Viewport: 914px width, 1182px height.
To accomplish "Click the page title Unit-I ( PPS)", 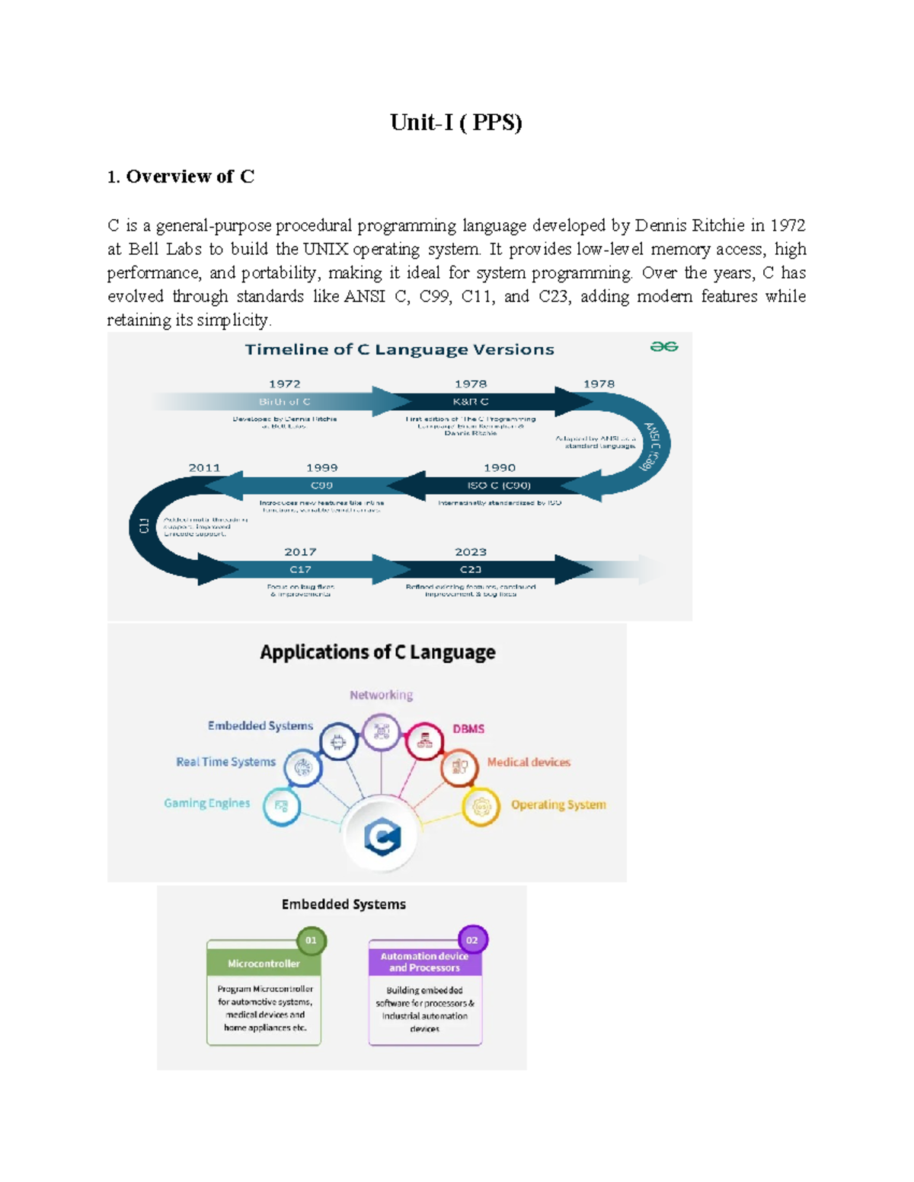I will tap(455, 123).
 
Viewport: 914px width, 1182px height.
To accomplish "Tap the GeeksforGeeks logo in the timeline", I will tap(663, 347).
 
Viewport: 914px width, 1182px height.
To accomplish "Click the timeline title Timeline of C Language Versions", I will tap(399, 349).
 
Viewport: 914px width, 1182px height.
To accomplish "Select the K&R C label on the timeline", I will tap(471, 401).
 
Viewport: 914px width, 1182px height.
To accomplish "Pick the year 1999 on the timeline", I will tap(321, 468).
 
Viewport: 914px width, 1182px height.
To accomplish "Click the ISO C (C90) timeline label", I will tap(499, 486).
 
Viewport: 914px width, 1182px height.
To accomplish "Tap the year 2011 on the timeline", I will tap(204, 468).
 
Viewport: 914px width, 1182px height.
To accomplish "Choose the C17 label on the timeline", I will tap(300, 569).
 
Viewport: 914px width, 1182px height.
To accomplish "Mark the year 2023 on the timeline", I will tap(471, 552).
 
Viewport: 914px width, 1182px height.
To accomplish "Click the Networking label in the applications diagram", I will tap(381, 695).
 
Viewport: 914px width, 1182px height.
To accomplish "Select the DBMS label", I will tap(468, 729).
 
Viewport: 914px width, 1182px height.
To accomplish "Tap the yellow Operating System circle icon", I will tap(481, 806).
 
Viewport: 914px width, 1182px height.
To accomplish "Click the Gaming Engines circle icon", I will tap(281, 806).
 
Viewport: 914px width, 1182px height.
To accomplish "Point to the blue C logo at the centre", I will tap(382, 837).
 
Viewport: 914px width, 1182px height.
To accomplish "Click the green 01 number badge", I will tap(311, 941).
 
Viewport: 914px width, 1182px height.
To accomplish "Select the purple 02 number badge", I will tap(472, 941).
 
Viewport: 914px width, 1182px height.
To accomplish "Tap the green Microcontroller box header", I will tap(264, 964).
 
